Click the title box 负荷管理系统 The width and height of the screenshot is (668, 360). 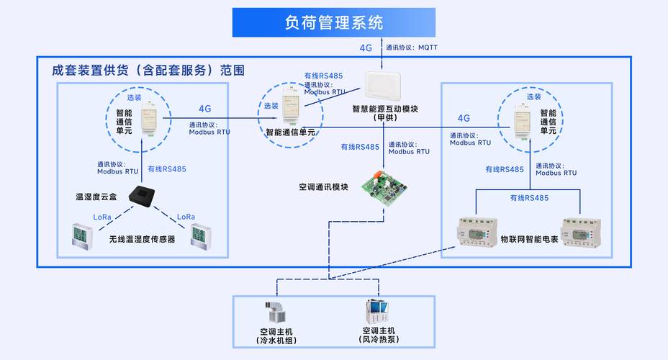(x=334, y=22)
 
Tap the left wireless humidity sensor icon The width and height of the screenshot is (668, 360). (x=81, y=237)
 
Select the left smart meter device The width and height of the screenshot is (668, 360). (x=478, y=233)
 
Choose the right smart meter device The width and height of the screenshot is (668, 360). (x=581, y=232)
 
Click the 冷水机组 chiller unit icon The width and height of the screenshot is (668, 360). (x=276, y=312)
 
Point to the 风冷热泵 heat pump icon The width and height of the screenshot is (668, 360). (x=378, y=312)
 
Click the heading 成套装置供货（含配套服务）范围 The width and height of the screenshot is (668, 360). (x=148, y=71)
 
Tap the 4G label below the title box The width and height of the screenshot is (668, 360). (x=366, y=48)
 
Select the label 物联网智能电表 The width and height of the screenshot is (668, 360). (x=529, y=238)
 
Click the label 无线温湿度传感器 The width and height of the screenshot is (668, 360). (x=142, y=238)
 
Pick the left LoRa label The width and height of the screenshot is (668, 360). (x=103, y=217)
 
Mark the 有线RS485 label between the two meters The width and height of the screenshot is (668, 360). (x=529, y=198)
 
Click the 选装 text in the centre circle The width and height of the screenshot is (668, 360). (x=271, y=106)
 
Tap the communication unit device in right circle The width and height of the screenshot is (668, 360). (x=524, y=117)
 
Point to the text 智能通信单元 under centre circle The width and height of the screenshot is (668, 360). (x=290, y=132)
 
